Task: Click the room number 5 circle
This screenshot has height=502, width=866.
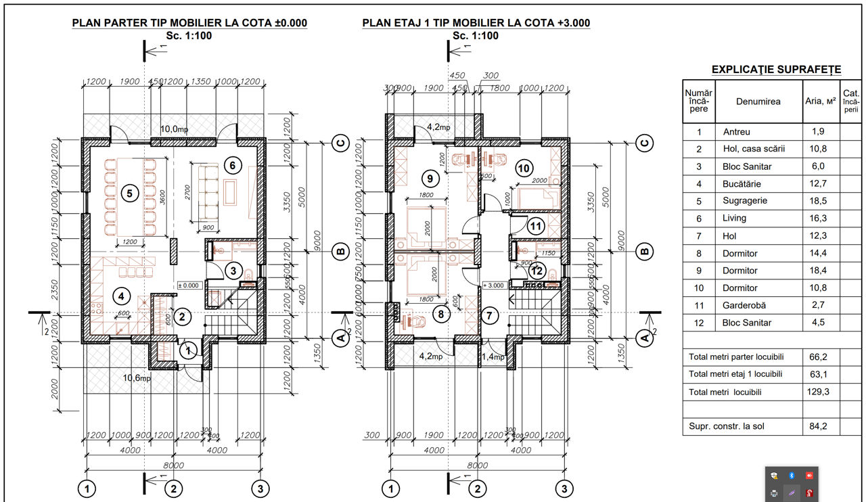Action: [x=128, y=193]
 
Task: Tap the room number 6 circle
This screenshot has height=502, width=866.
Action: [x=231, y=164]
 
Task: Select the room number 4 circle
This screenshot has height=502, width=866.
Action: [x=120, y=296]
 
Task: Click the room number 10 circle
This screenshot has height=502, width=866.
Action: [x=523, y=167]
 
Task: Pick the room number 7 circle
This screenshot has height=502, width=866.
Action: [x=491, y=315]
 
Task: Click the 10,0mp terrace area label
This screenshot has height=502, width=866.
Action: [x=174, y=129]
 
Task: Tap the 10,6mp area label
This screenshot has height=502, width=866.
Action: [x=136, y=378]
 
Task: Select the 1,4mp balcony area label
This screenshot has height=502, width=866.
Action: [x=493, y=356]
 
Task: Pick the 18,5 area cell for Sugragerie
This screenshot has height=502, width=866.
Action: [x=819, y=201]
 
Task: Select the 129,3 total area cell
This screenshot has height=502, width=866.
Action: [x=819, y=392]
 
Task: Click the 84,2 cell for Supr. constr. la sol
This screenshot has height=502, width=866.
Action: [x=819, y=426]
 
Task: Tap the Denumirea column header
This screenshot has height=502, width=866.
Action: [x=758, y=101]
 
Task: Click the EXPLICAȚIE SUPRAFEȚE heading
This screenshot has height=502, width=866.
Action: [x=776, y=69]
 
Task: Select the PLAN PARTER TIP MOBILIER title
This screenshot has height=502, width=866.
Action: [x=189, y=23]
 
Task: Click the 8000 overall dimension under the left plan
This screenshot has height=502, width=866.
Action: [x=173, y=465]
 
